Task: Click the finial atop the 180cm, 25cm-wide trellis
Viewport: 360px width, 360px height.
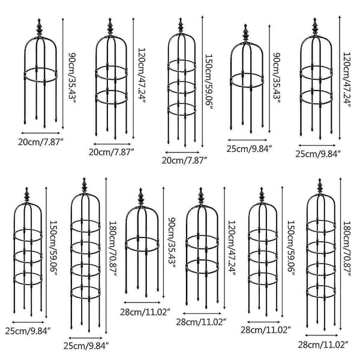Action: pyautogui.click(x=85, y=186)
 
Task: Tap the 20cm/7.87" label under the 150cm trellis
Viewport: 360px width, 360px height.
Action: pyautogui.click(x=185, y=160)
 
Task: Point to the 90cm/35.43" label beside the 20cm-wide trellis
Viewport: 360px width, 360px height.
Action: pyautogui.click(x=72, y=79)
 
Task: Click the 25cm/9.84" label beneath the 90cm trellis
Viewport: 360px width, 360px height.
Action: pyautogui.click(x=250, y=149)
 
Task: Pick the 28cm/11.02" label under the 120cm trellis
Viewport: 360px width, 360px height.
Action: pyautogui.click(x=202, y=322)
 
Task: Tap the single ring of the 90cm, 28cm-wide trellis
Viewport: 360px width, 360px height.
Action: pyautogui.click(x=142, y=244)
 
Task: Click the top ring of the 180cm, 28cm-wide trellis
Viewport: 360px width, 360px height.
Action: pyautogui.click(x=321, y=226)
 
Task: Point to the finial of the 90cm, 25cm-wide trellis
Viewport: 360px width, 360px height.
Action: pyautogui.click(x=245, y=33)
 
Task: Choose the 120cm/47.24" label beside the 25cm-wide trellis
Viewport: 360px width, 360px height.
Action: pyautogui.click(x=347, y=80)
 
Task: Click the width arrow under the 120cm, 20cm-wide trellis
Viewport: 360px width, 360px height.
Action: pyautogui.click(x=112, y=144)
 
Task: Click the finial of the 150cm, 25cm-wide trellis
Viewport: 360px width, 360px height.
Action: pyautogui.click(x=27, y=195)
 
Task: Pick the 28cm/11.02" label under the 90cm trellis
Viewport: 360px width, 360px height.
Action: pyautogui.click(x=145, y=312)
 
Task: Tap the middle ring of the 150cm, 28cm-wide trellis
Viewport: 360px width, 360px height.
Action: pyautogui.click(x=263, y=257)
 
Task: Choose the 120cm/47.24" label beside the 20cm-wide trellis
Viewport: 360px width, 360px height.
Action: pyautogui.click(x=142, y=76)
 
